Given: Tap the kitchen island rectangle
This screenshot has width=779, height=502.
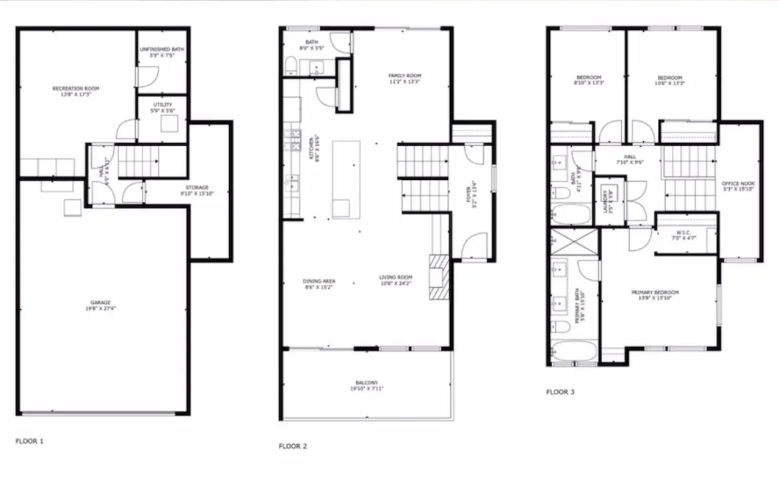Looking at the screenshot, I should click(x=346, y=179).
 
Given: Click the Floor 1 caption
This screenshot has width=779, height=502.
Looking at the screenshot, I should click(x=30, y=441).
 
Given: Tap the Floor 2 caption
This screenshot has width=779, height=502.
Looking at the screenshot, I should click(x=293, y=446).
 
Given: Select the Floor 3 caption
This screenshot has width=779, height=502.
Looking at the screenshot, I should click(x=560, y=392).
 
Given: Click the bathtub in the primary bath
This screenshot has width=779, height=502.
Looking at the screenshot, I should click(x=571, y=351).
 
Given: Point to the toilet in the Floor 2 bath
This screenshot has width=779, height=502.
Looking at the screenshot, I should click(x=291, y=65).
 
